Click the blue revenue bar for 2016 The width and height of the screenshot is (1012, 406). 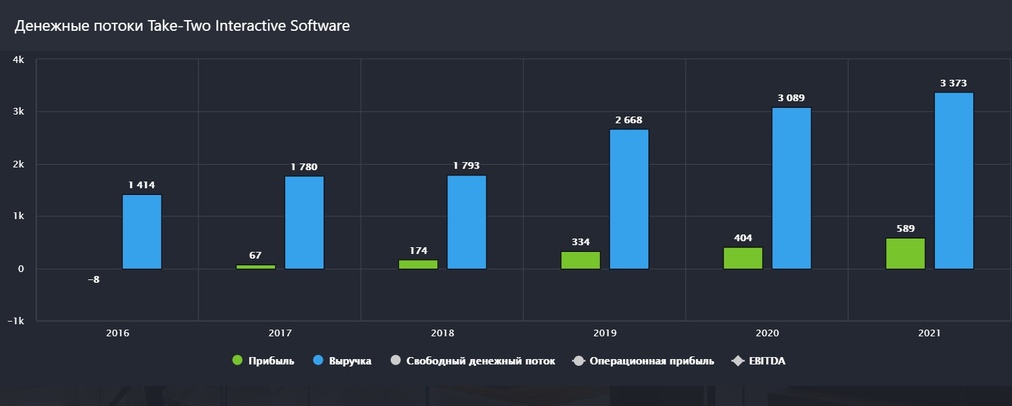coord(142,232)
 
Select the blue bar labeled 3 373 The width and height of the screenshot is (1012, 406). coord(954,181)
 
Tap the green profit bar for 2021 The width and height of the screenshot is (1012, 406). coord(906,253)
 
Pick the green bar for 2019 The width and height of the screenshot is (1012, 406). coord(581,260)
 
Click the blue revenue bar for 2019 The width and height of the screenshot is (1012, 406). coord(629,199)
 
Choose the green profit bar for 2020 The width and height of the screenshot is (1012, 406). coord(743,258)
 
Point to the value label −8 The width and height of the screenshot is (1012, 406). coord(94,279)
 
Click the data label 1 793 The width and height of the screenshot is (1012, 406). coord(467,165)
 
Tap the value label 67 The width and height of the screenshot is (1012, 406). coord(255,255)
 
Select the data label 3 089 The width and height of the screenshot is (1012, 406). coord(791,98)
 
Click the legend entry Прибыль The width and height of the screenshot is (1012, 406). coord(263,361)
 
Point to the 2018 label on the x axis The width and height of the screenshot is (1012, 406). coord(443,333)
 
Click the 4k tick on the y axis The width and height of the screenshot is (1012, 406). coord(19,60)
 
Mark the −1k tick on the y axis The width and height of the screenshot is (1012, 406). coord(15,321)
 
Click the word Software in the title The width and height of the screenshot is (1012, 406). coord(319,26)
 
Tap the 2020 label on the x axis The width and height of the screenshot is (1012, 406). coord(767,333)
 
